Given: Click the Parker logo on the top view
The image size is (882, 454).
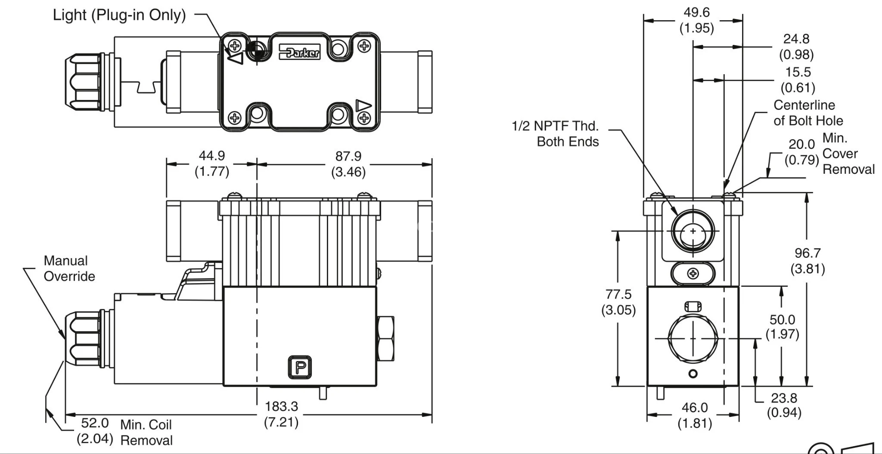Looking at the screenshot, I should [x=300, y=52].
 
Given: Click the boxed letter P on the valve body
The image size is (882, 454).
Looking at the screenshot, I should [x=300, y=367].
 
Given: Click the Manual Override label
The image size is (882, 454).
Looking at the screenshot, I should [x=69, y=268].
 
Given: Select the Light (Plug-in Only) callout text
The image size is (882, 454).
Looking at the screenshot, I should [x=119, y=15].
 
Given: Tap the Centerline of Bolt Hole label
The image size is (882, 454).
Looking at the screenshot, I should [x=807, y=113].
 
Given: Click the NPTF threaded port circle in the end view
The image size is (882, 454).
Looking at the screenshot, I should [x=693, y=232].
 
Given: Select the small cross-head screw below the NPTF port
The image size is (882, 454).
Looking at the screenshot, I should [x=693, y=273].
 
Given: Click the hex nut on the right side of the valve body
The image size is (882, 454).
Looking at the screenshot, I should [x=385, y=339].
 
